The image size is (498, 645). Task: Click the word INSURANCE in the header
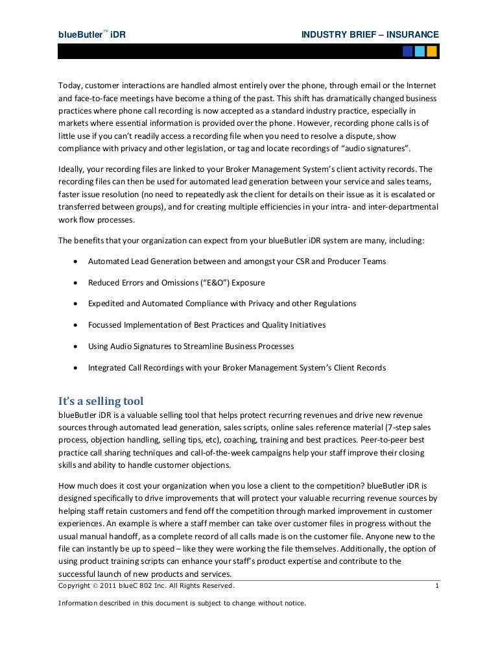412,34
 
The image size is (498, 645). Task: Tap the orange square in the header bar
432,51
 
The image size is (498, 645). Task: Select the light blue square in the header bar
420,51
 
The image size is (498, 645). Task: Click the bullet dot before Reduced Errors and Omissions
77,283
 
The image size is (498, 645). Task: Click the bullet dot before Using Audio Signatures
77,347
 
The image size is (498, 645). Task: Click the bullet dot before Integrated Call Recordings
77,368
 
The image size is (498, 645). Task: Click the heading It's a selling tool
101,401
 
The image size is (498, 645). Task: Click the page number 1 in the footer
437,587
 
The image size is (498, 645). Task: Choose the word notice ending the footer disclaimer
293,603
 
